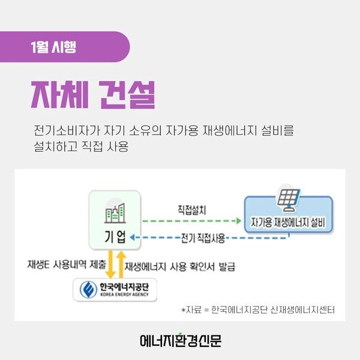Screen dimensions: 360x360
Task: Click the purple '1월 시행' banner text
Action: [53, 47]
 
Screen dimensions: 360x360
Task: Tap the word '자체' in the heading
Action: [59, 95]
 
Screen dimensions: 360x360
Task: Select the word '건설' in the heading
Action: [128, 95]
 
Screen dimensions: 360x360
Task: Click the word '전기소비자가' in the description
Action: [67, 130]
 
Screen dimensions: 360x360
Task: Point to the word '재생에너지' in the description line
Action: [230, 130]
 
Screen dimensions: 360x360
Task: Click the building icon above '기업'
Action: [115, 213]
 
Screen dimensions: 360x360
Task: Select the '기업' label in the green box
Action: [115, 236]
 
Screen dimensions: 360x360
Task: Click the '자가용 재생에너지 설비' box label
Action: [288, 222]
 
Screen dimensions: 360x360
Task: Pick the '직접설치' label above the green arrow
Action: [192, 210]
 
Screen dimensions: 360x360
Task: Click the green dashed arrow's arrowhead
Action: [239, 221]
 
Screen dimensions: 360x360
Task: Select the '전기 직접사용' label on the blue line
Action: [203, 238]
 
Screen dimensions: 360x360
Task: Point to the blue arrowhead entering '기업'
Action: [132, 238]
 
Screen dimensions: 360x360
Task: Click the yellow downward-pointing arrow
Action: [110, 264]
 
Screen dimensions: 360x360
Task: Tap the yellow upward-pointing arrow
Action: [121, 264]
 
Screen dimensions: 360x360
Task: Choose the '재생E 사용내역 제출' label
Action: [67, 264]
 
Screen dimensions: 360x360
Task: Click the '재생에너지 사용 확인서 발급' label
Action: [180, 266]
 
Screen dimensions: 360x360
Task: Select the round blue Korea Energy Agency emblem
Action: [88, 290]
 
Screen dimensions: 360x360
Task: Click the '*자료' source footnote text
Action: [258, 310]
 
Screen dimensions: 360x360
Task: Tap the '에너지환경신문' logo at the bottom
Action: [181, 340]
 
